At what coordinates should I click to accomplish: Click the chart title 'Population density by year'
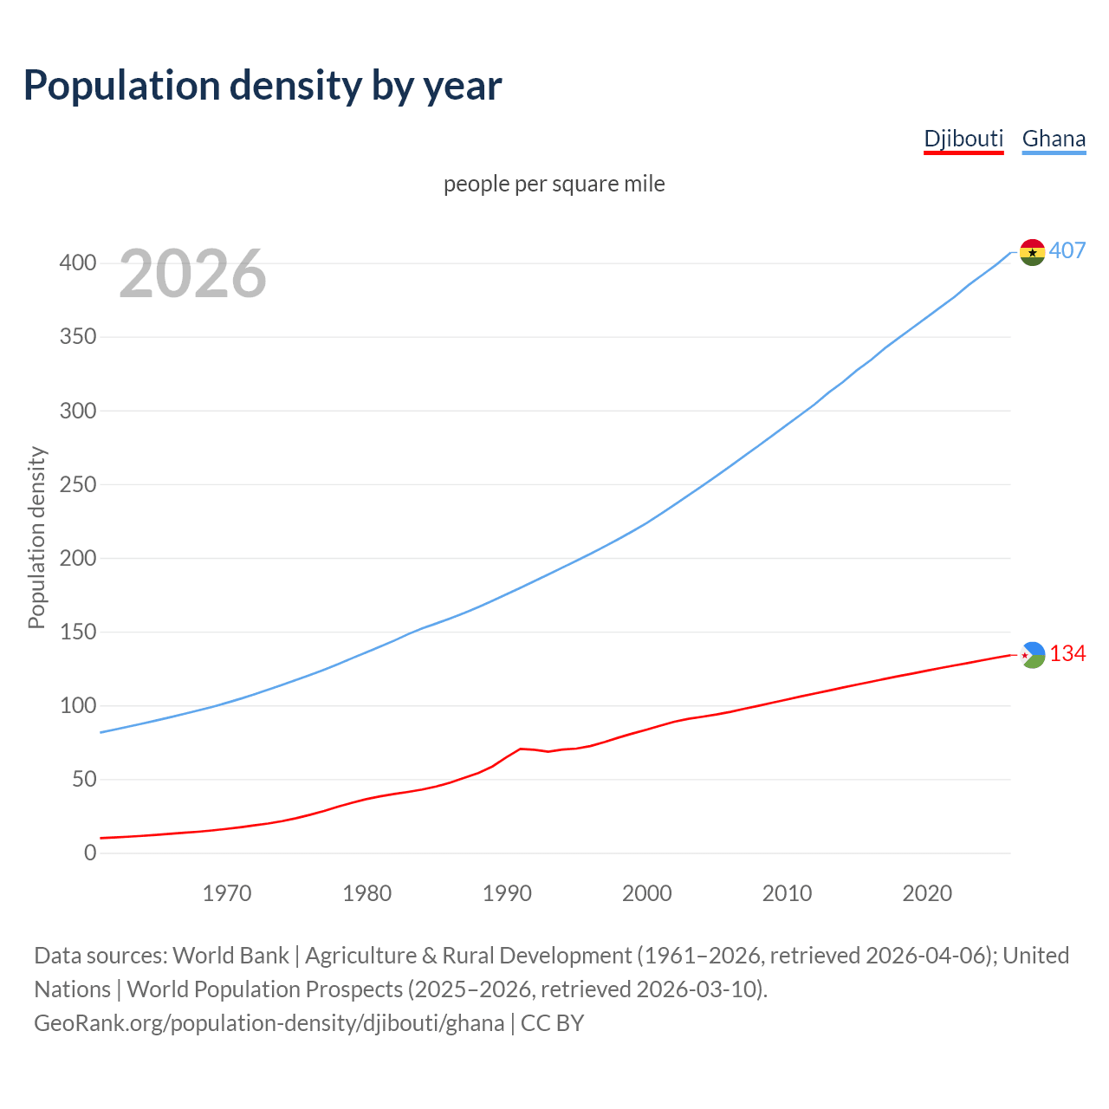point(263,85)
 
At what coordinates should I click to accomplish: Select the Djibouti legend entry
point(963,139)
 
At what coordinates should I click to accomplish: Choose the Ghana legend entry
point(1054,139)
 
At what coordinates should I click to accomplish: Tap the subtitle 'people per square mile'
point(554,184)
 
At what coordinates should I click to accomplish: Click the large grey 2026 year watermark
point(192,274)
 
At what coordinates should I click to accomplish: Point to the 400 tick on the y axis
point(77,263)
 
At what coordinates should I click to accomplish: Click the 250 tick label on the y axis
point(77,484)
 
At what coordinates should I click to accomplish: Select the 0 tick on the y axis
point(90,853)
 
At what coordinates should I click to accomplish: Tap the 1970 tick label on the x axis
point(227,893)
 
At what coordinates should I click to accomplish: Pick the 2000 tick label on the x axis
point(647,893)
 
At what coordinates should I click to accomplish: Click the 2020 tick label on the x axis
point(927,893)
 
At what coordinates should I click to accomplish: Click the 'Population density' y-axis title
point(36,537)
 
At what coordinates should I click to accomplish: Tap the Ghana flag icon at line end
point(1032,252)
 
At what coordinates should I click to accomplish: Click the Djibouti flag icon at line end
point(1033,655)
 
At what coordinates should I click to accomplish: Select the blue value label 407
point(1067,250)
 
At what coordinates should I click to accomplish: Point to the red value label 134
point(1067,653)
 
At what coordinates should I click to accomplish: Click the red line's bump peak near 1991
point(521,749)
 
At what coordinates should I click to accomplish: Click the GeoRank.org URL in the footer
point(269,1022)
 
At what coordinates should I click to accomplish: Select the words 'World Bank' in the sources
point(230,955)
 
